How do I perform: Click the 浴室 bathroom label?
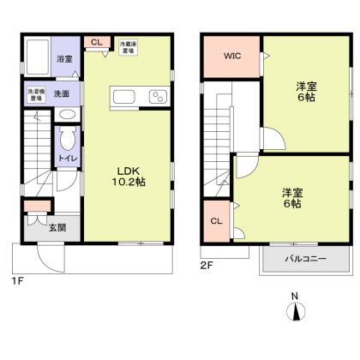coord(64,59)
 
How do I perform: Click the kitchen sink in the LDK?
coord(123,96)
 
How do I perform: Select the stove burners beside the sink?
coord(158,97)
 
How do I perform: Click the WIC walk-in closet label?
coord(232,57)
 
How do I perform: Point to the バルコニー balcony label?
coord(305,258)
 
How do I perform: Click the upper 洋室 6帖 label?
coord(306,92)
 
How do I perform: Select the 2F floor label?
coord(206,267)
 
